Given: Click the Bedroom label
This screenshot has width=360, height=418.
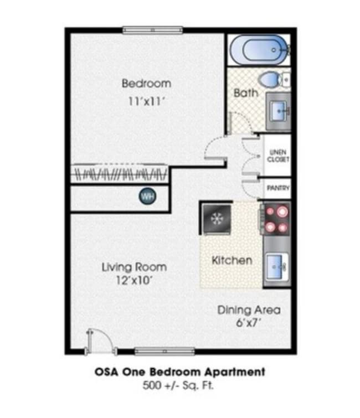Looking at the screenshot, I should coord(146,84).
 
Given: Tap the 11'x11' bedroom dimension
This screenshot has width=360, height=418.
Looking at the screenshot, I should coord(146,102).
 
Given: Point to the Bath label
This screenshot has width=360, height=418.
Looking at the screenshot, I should coord(245,93).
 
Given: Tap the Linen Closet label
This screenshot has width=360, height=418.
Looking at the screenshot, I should coord(278,156).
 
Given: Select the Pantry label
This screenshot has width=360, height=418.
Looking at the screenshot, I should coord(278,188).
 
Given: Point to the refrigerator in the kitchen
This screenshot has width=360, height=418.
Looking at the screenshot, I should coord(215,217).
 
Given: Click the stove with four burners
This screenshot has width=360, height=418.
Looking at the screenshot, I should coord(276,218).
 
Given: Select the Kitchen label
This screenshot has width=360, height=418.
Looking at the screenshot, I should coord(232,260).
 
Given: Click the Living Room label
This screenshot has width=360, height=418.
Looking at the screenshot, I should coord(134,267).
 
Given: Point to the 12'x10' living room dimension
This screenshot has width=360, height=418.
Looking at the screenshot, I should coord(134,280).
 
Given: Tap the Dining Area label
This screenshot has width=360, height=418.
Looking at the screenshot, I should coord(249,310).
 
